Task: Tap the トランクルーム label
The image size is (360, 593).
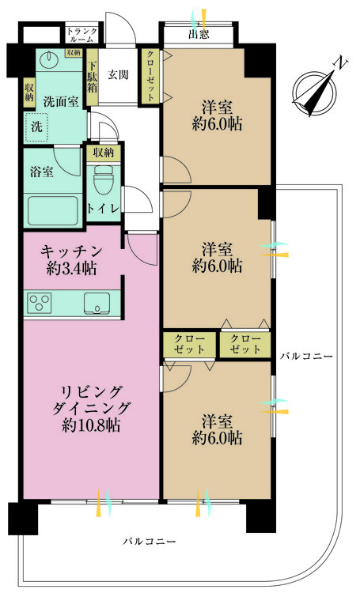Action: coord(82,35)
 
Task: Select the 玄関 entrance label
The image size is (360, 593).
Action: coord(118,75)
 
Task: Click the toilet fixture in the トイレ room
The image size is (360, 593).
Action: coord(103,179)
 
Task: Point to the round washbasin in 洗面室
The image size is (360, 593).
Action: coord(50,59)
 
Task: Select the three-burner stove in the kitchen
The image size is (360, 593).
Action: coord(39,302)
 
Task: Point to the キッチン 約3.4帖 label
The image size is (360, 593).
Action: coord(71,260)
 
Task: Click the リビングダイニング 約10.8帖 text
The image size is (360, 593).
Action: coord(91,409)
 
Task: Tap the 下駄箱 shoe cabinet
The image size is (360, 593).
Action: coord(92,77)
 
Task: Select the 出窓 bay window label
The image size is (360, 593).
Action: coord(199,35)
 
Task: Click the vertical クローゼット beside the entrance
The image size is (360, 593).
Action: coord(150,76)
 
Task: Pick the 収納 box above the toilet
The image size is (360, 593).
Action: coord(103,153)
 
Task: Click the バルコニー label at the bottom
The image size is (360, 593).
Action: coord(150,542)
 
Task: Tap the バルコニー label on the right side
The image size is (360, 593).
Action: coord(306,357)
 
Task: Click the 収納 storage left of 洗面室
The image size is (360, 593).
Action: coord(29,93)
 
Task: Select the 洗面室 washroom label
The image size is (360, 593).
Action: coord(61,101)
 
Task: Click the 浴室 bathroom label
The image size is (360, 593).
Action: coord(41,172)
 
